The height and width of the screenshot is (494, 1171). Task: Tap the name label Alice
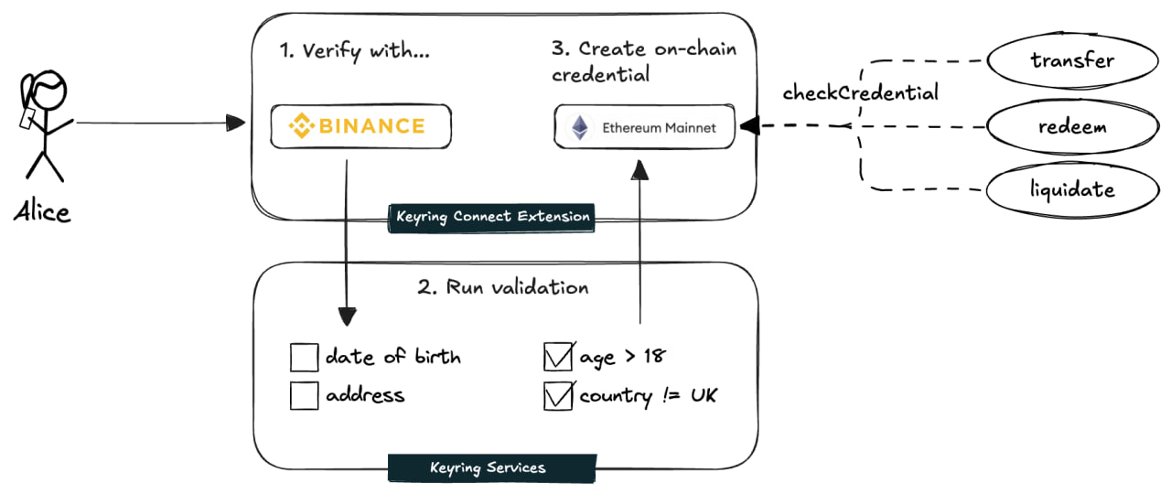pyautogui.click(x=42, y=212)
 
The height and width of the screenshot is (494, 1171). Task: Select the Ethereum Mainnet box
pyautogui.click(x=646, y=127)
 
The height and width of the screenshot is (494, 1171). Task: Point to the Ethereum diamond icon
pyautogui.click(x=580, y=127)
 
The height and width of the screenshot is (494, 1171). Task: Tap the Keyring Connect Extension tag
pyautogui.click(x=493, y=218)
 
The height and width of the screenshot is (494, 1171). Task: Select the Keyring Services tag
pyautogui.click(x=488, y=467)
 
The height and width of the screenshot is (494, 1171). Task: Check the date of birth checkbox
pyautogui.click(x=304, y=357)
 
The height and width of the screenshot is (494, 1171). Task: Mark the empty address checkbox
pyautogui.click(x=304, y=396)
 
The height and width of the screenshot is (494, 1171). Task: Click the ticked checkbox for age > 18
pyautogui.click(x=557, y=357)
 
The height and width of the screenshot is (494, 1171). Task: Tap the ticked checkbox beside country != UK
pyautogui.click(x=557, y=397)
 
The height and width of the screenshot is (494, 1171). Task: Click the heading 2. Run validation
pyautogui.click(x=503, y=287)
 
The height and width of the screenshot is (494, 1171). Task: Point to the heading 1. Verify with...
pyautogui.click(x=355, y=51)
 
